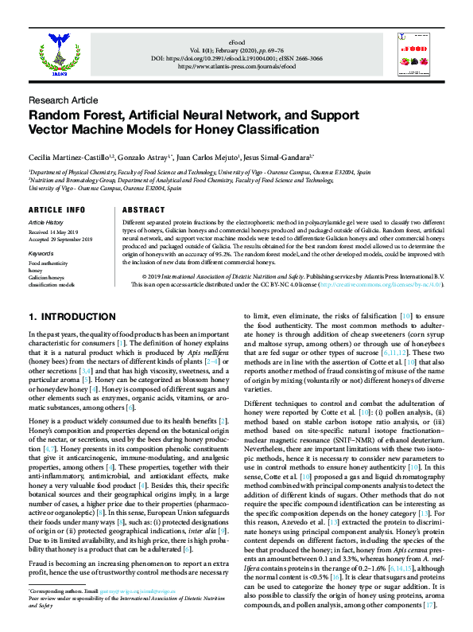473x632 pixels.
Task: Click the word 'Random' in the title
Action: click(57, 115)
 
